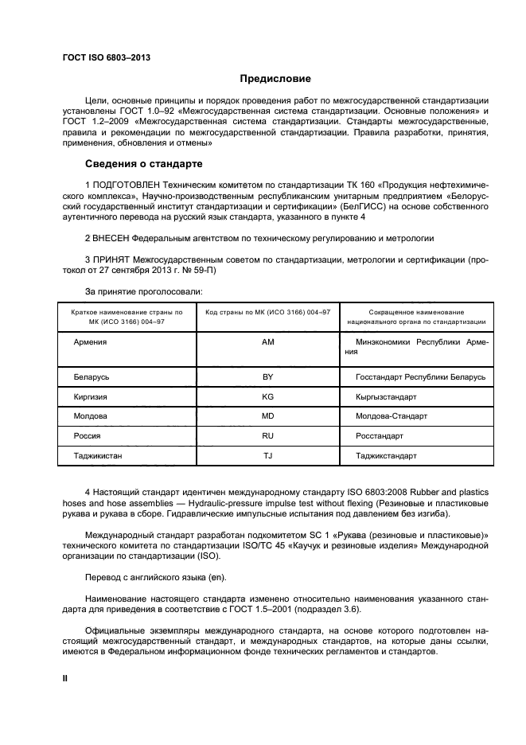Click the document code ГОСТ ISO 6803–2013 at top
tap(106, 58)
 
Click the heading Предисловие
tap(275, 79)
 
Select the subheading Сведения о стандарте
tap(143, 164)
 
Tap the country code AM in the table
tap(267, 341)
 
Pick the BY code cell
tap(267, 376)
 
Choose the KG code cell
tap(267, 396)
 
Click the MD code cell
tap(267, 416)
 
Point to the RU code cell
tap(267, 436)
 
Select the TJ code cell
tap(267, 456)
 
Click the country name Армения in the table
tap(90, 341)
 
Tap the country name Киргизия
tap(91, 396)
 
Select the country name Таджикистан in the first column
tap(98, 456)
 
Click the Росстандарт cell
tap(380, 436)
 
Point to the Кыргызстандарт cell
tap(387, 396)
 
